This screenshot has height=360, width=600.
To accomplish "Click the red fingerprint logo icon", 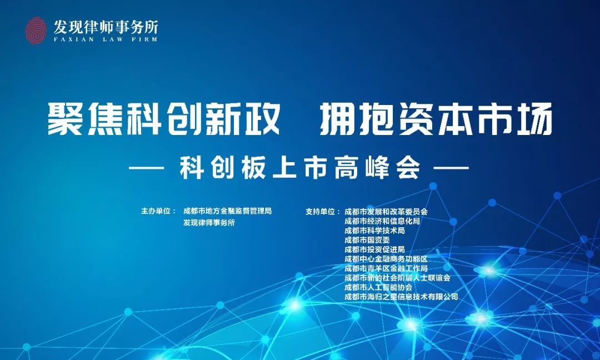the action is click(x=36, y=31).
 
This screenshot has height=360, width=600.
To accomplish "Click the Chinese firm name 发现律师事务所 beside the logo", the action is click(x=106, y=27).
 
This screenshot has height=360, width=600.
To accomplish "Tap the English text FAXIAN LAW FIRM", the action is click(x=106, y=39).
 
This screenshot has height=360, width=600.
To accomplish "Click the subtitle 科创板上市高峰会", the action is click(x=301, y=168).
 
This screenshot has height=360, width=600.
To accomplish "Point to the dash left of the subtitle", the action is click(x=147, y=168).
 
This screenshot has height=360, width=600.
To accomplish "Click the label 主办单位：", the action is click(x=159, y=211).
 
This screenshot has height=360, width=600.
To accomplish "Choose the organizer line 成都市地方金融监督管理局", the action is click(x=227, y=211).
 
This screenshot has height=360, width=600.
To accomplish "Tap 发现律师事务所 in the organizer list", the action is click(x=209, y=223).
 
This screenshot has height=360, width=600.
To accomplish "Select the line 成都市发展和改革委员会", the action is click(x=386, y=212).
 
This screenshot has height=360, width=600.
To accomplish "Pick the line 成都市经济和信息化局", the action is click(x=382, y=221).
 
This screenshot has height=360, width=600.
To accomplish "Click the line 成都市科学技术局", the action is click(x=374, y=231).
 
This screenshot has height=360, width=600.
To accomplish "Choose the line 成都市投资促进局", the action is click(x=374, y=249).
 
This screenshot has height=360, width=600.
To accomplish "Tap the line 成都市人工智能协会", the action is click(x=378, y=287).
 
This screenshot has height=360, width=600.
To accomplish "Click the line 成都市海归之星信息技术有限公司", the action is click(x=401, y=297).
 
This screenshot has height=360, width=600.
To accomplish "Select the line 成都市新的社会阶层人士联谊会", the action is click(x=397, y=278).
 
